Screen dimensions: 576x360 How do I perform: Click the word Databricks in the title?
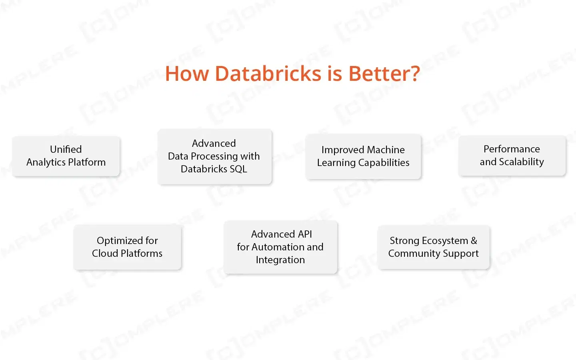coord(268,74)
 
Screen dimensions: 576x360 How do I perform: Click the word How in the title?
coord(187,74)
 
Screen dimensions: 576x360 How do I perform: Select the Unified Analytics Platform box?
coord(66,156)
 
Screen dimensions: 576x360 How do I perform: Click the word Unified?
coord(66,149)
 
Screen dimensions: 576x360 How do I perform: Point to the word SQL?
coord(238,169)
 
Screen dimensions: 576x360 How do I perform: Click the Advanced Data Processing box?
coord(215,156)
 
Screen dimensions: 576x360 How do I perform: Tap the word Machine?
coord(386,150)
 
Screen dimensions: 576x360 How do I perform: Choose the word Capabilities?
coord(384,162)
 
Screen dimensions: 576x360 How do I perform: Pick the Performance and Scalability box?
coord(512,156)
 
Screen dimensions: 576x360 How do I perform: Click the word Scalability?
coord(522,162)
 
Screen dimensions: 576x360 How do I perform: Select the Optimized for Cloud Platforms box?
coord(127,247)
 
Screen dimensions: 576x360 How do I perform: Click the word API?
coord(305,234)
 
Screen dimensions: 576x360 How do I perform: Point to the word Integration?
coord(280,260)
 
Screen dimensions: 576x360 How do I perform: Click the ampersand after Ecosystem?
coord(474,241)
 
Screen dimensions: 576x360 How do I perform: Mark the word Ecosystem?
coord(445,241)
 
